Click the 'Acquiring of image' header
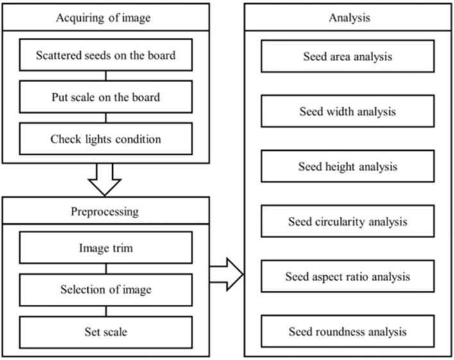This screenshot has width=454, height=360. click(x=105, y=17)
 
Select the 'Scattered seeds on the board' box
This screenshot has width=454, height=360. click(x=105, y=56)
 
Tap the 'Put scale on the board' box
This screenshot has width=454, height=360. click(x=105, y=98)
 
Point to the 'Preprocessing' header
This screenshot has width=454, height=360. click(x=105, y=210)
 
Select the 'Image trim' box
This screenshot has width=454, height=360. click(x=105, y=247)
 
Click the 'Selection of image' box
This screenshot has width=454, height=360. click(x=105, y=289)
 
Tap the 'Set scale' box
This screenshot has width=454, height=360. click(x=105, y=332)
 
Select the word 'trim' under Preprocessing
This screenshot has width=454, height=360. click(x=122, y=247)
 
